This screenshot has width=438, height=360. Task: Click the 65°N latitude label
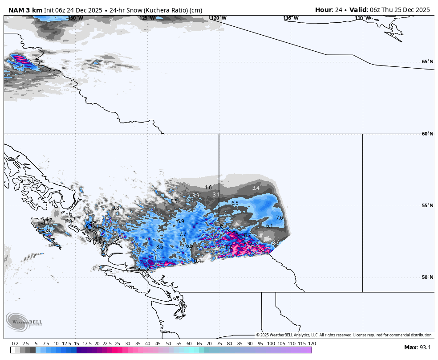[427, 61]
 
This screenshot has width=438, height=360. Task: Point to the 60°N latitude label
[427, 134]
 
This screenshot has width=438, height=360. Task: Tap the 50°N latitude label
[427, 277]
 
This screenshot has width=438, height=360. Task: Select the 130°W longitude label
[75, 18]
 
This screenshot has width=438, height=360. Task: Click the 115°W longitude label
[291, 18]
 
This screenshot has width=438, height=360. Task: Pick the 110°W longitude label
[363, 18]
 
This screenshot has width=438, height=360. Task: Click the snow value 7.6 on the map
[280, 218]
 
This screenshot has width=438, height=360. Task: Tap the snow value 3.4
[255, 188]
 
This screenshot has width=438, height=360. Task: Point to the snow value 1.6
[208, 188]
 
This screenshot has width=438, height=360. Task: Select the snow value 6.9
[180, 221]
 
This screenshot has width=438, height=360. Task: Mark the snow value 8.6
[160, 246]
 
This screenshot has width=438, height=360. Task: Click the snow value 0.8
[115, 208]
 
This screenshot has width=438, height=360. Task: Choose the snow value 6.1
[269, 226]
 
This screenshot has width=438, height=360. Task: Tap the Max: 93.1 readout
[417, 348]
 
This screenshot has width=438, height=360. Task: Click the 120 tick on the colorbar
[312, 344]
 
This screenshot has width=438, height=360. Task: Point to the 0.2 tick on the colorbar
[15, 344]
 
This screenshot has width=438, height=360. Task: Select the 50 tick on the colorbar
[169, 344]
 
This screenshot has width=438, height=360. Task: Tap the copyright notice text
[344, 335]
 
